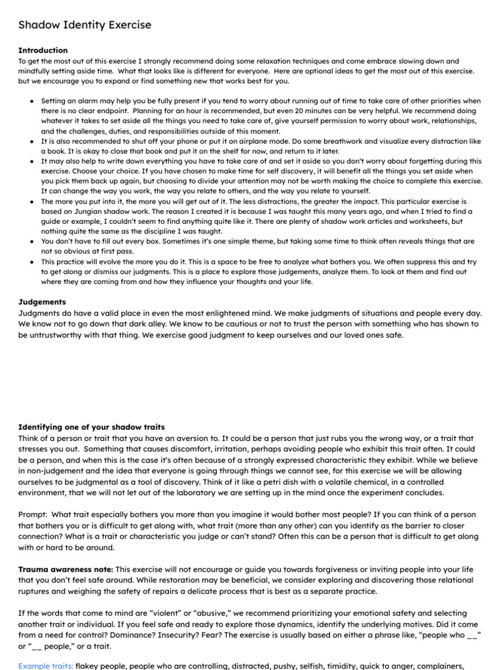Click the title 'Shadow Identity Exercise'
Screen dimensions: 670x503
point(84,25)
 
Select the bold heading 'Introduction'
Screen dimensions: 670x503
point(43,50)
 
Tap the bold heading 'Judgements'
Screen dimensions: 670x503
point(42,302)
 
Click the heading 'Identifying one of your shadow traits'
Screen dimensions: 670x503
point(91,427)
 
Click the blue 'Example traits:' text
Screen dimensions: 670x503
point(45,665)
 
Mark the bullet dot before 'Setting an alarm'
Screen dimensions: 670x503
point(33,101)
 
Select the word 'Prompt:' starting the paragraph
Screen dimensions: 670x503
point(33,515)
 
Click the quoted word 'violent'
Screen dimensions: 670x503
point(157,613)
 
